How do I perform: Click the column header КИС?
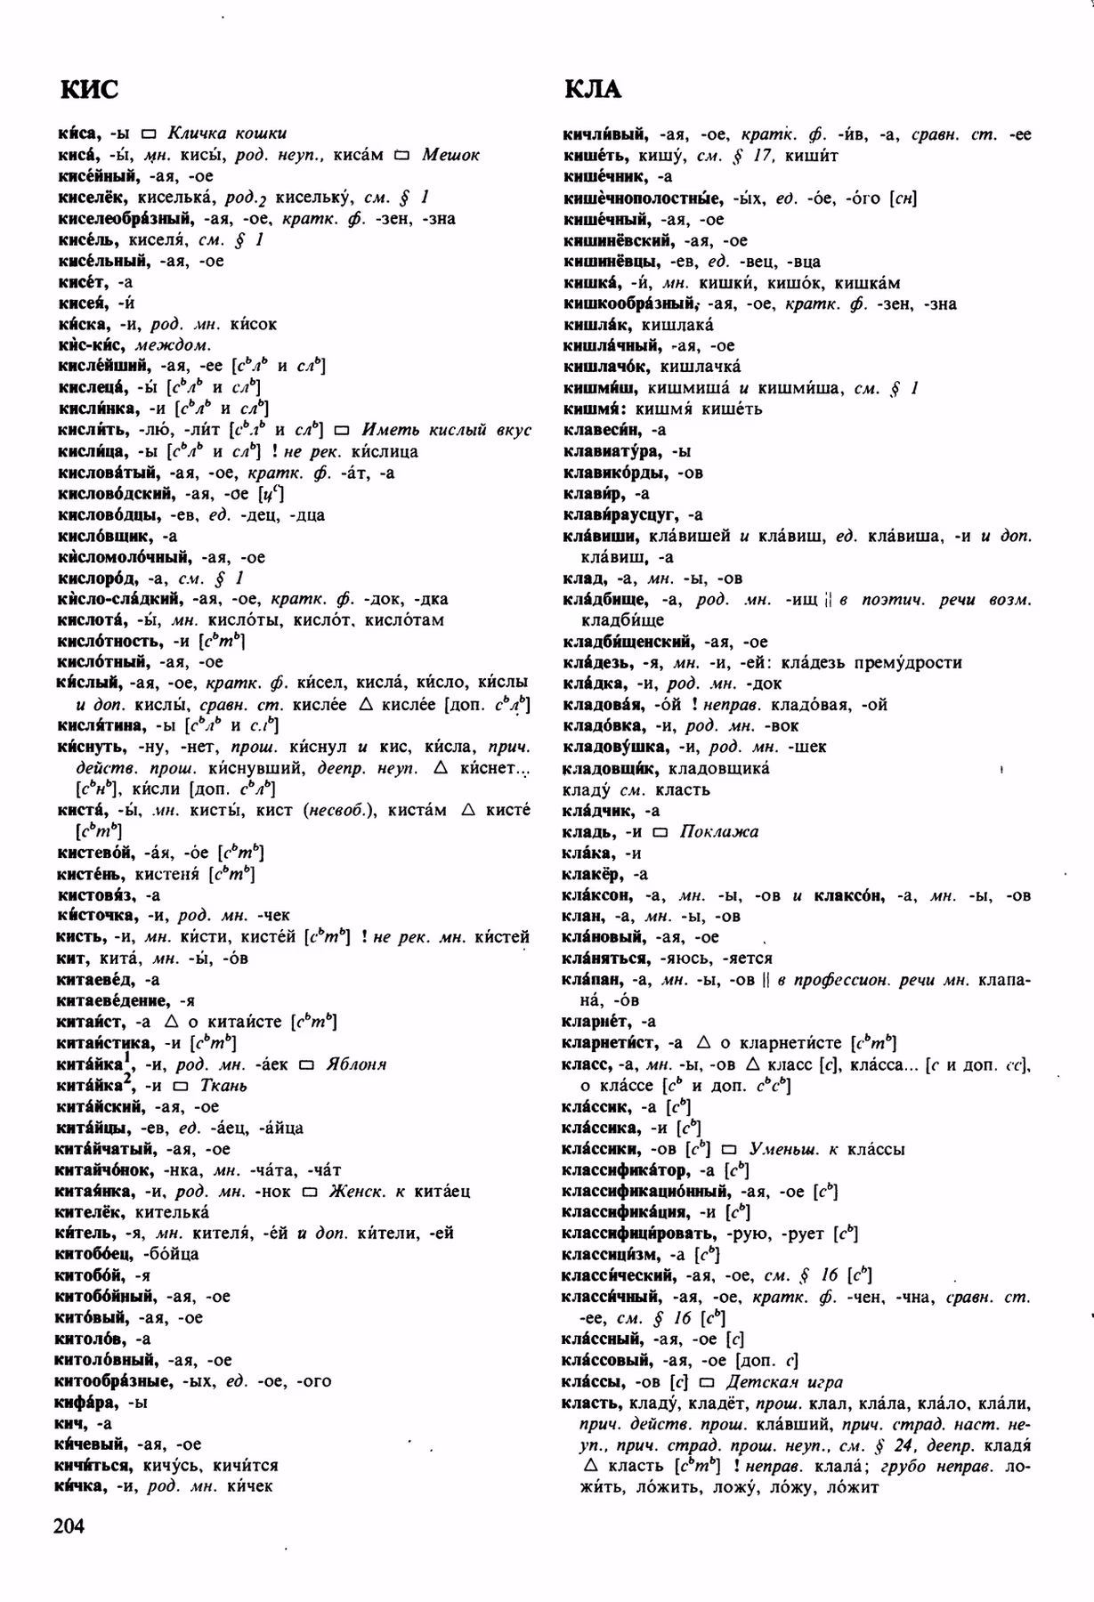pos(88,90)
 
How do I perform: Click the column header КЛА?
pos(592,90)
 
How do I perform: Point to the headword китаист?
pos(92,1022)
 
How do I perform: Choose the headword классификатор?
pos(626,1170)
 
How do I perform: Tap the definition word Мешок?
pos(450,155)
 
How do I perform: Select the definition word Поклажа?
pos(718,832)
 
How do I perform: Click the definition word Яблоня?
pos(356,1064)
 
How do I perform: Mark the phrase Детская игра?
pos(784,1382)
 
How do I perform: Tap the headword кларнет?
pos(596,1022)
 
